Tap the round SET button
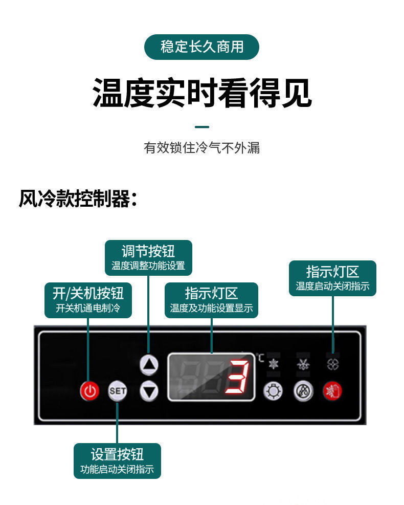[117, 391]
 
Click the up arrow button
[149, 364]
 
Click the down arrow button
[149, 391]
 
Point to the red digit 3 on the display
[238, 379]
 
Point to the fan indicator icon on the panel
[333, 364]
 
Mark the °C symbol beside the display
[261, 358]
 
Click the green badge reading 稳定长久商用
[202, 47]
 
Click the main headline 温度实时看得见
[202, 93]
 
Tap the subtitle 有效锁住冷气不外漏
[202, 148]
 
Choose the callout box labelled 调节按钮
[148, 258]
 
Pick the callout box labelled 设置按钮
[117, 460]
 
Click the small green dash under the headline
[202, 126]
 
